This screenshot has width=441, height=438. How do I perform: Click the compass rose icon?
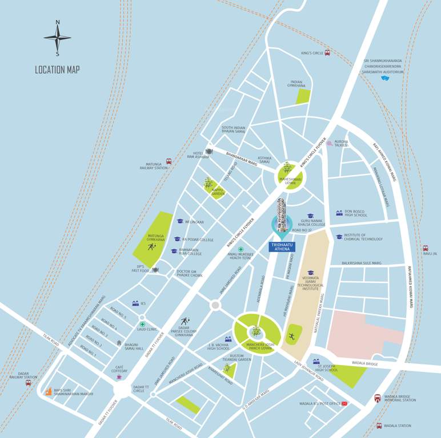click(57, 38)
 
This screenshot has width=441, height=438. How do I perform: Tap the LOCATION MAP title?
click(57, 70)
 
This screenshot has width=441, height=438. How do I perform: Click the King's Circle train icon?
click(328, 53)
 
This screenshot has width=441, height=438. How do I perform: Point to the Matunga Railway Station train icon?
click(169, 162)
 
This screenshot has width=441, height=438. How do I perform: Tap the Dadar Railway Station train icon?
click(28, 383)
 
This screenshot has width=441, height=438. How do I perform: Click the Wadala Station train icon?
click(379, 425)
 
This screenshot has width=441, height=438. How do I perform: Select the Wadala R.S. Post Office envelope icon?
click(344, 404)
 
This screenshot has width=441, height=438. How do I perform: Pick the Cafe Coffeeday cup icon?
click(119, 377)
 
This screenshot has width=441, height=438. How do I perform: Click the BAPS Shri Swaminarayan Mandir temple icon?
click(49, 392)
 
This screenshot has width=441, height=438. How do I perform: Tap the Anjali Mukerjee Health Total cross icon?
click(241, 250)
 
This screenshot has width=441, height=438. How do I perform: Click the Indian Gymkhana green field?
click(303, 96)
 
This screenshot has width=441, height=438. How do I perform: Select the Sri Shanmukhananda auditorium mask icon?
click(385, 78)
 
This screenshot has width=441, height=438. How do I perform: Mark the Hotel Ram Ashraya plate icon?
click(209, 151)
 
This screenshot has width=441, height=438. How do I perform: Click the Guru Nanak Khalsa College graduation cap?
click(311, 216)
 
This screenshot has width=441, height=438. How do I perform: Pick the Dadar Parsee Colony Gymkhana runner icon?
click(185, 322)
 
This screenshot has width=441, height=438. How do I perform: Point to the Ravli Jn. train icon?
click(425, 248)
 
